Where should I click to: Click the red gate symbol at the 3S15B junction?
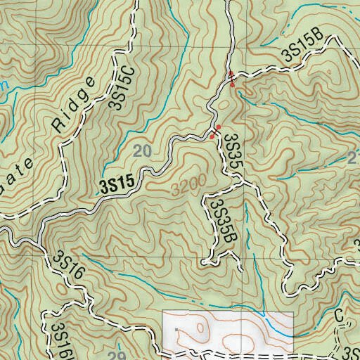coord(232,79)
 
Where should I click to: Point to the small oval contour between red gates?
coord(224,105)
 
